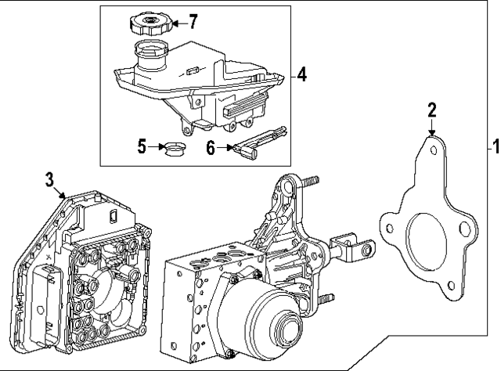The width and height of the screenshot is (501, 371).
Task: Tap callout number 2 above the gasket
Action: point(431,110)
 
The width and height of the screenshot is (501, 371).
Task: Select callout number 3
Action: point(49,179)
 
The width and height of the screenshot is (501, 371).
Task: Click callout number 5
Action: point(142,146)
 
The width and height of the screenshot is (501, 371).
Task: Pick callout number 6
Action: point(211,146)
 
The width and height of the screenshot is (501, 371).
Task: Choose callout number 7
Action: point(193,21)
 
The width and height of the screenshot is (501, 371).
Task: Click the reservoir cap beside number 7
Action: point(149,23)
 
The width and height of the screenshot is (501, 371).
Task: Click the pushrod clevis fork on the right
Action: point(360,250)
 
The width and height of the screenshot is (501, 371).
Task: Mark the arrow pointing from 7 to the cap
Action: point(179,22)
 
